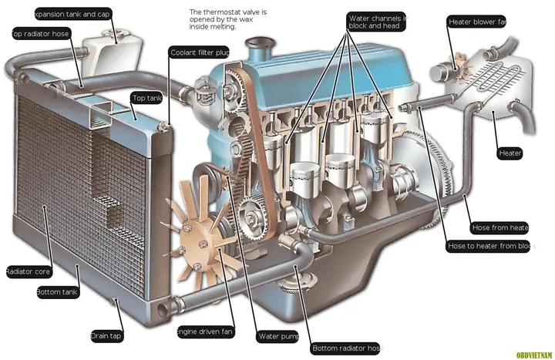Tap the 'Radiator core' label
coord(28,271)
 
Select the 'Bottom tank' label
coord(57,292)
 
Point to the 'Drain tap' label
coord(106,335)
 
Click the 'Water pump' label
coord(278,336)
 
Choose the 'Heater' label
coord(510,153)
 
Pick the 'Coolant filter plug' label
coord(199,52)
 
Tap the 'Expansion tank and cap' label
coord(72,13)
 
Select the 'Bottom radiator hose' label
coord(345,348)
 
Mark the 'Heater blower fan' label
coord(476,22)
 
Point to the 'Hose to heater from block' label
coord(489,247)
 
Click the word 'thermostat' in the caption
coord(227,13)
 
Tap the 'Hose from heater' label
coord(499,227)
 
